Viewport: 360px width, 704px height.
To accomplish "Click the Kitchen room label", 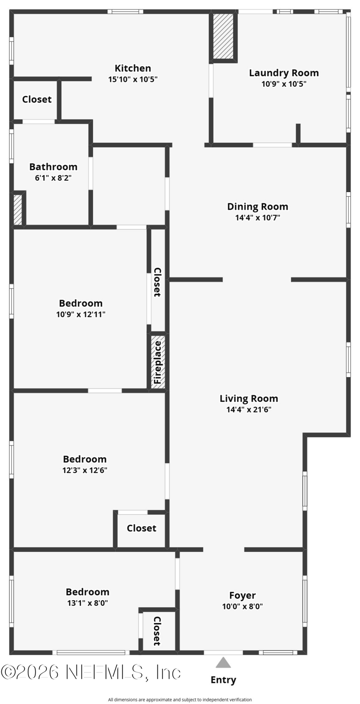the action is point(133,68).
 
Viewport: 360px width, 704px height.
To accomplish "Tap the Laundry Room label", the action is point(284,73).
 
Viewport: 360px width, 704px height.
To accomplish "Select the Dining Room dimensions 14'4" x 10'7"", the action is point(257,217).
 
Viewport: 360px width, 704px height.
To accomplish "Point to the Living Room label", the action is point(249,399).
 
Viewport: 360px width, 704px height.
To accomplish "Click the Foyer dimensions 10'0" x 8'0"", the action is point(243,606).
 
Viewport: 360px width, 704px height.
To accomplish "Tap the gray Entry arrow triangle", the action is point(223,662).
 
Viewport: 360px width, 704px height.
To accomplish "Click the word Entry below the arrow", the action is point(223,680).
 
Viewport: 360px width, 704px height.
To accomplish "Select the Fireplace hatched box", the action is point(158,362).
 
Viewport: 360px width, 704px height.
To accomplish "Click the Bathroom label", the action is point(53,166).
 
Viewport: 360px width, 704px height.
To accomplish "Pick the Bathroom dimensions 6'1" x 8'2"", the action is point(53,178).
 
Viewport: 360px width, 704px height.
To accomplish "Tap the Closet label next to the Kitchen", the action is point(37,99).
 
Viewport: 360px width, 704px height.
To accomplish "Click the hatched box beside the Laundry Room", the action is point(223,36).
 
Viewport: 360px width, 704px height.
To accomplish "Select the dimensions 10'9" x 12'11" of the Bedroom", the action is point(81,314).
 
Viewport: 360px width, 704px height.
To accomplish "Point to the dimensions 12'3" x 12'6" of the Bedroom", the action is point(85,470).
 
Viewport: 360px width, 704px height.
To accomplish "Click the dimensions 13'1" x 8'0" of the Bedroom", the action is point(88,603).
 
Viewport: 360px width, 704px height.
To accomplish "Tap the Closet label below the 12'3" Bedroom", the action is point(141,528).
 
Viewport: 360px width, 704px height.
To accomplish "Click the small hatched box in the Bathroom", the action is point(18,210).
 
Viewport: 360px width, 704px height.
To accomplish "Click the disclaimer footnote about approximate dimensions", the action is point(180,700).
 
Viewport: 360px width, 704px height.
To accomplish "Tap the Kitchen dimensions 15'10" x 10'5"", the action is point(133,79).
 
